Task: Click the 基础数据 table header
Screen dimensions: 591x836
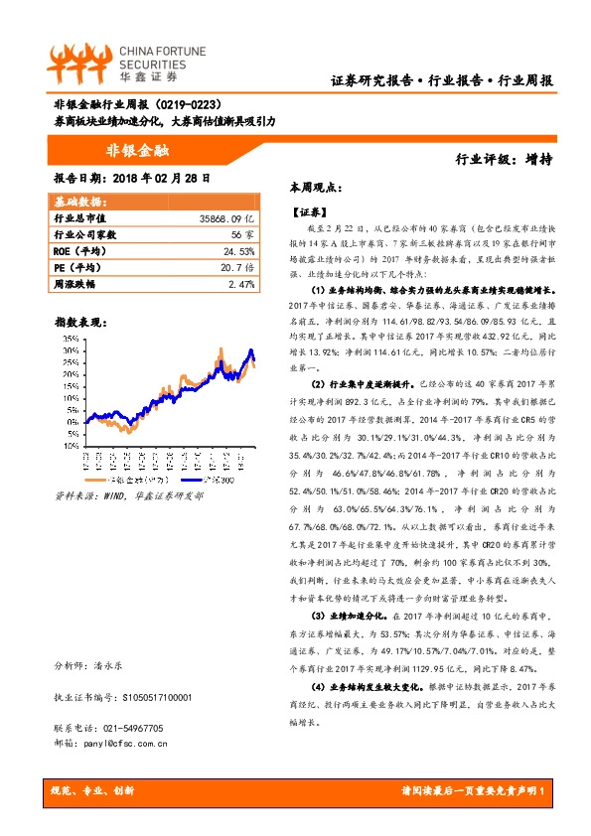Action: pos(75,202)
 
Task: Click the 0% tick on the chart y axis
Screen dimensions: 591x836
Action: pos(71,447)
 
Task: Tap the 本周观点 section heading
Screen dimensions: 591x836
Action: pos(316,187)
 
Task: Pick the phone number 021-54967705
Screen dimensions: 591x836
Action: pos(135,728)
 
